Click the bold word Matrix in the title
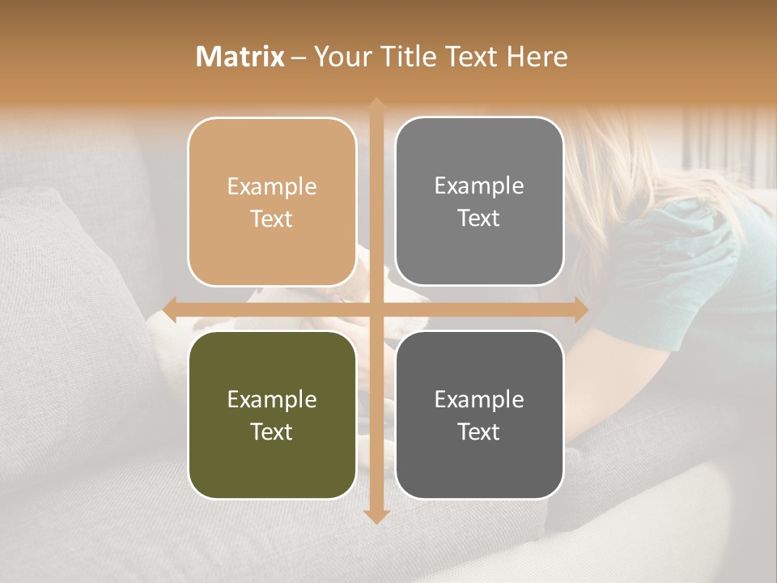pos(240,57)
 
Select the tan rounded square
pos(272,202)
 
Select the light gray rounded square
pos(479,202)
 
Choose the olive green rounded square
pos(272,415)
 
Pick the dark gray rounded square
pos(479,415)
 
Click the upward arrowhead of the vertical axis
pos(376,105)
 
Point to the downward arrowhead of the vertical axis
pos(376,517)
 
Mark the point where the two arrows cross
pos(376,309)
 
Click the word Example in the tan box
pos(272,187)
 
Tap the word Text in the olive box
pos(272,432)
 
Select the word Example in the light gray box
pos(479,186)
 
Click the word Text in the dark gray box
pos(479,432)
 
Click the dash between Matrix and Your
pos(299,57)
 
